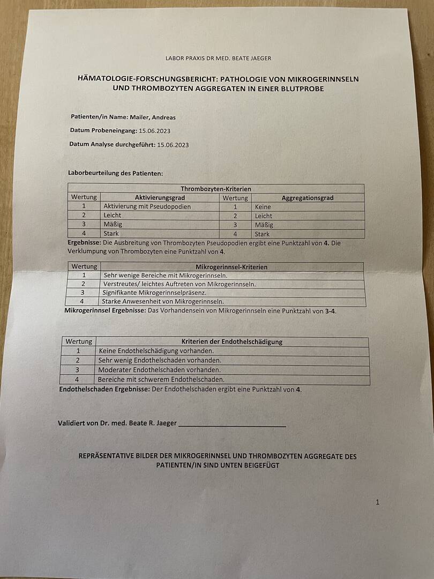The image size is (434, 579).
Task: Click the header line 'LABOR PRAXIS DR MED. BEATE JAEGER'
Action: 222,58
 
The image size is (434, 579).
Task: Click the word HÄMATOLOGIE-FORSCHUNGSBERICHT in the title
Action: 141,79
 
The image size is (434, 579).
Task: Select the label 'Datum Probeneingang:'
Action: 103,130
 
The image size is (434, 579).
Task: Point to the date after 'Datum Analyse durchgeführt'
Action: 173,145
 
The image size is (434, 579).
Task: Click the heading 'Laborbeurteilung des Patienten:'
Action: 115,173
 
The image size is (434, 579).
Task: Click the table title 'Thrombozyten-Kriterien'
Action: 216,189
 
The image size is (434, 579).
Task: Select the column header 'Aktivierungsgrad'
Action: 160,197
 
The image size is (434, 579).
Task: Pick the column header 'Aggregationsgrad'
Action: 308,198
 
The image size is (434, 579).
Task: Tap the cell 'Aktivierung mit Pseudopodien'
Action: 147,206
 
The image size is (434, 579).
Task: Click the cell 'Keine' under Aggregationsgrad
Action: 263,207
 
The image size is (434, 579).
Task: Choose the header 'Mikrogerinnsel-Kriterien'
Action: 231,266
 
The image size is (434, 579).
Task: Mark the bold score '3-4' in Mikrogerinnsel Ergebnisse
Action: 330,311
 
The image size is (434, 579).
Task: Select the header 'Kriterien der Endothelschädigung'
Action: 232,342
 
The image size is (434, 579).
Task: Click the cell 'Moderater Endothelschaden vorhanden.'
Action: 160,370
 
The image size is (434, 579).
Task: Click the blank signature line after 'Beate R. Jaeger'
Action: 232,425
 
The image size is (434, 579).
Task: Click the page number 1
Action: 377,502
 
